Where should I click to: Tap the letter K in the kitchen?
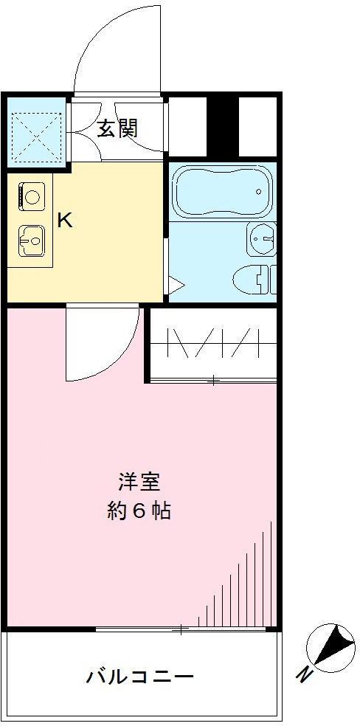[65, 220]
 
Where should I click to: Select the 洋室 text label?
[139, 481]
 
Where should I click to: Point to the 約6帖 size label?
[139, 511]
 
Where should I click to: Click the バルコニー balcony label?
[139, 676]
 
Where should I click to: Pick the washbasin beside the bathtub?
[262, 238]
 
